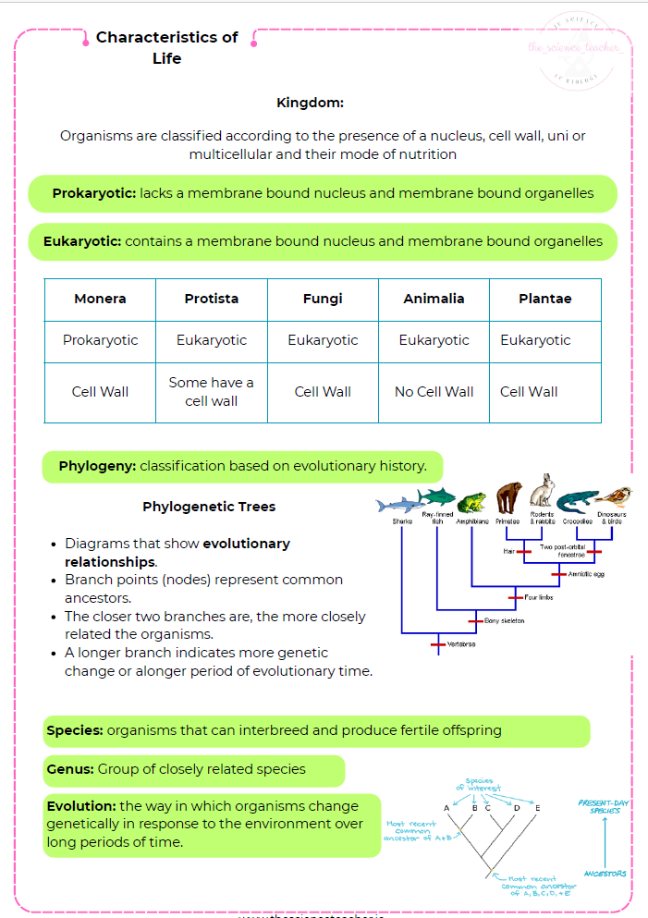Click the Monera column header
(100, 299)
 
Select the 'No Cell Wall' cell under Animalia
(434, 392)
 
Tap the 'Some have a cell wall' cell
(211, 392)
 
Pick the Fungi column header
(323, 299)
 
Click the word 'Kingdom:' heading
(310, 104)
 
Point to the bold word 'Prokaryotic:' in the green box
(94, 194)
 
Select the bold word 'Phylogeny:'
(97, 466)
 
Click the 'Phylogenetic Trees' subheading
(209, 507)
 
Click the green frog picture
(471, 501)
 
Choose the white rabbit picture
(543, 492)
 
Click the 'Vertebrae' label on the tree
(462, 644)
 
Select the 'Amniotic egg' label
(586, 574)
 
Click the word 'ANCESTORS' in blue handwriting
(605, 874)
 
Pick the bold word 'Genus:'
(70, 769)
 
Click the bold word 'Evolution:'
(81, 806)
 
